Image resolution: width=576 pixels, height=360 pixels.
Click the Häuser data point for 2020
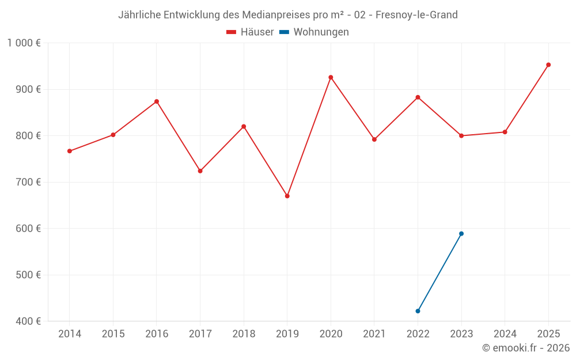tap(331, 77)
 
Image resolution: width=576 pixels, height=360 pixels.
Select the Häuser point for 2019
tap(287, 196)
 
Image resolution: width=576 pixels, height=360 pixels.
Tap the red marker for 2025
tap(548, 65)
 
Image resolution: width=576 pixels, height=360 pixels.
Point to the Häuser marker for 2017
tap(200, 171)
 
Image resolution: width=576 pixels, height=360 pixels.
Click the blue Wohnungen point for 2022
tap(418, 311)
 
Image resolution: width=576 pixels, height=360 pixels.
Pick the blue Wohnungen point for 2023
tap(461, 233)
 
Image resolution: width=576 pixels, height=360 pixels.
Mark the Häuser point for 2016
tap(157, 101)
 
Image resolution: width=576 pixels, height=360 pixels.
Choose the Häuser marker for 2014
tap(70, 151)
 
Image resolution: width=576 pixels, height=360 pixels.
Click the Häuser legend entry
tap(250, 32)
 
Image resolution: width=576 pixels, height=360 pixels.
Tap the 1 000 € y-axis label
tap(24, 43)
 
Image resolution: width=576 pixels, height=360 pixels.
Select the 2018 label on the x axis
tap(244, 334)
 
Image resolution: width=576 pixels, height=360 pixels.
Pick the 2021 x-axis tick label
tap(374, 334)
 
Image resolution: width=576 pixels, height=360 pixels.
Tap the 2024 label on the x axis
tap(505, 334)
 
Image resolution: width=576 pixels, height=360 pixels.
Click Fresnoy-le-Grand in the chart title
tap(416, 15)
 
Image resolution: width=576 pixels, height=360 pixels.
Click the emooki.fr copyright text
tap(526, 348)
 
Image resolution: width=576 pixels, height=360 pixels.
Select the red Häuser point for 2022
tap(418, 97)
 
